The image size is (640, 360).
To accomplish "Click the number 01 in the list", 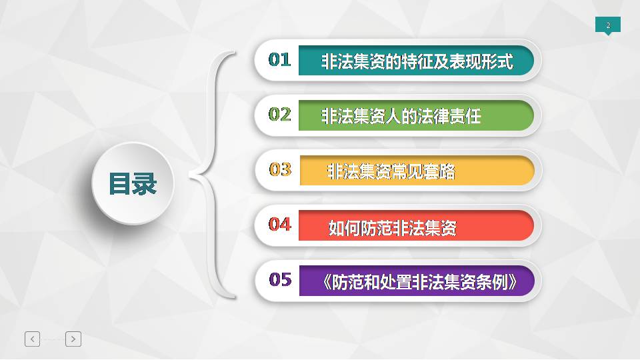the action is coord(279,60).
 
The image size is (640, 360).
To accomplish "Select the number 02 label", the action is coord(279,115).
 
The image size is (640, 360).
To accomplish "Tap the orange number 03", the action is coord(281,170).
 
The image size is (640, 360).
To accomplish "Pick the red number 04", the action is coord(279,225).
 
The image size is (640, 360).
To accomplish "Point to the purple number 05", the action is coord(281,280).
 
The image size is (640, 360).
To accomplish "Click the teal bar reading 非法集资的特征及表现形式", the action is coord(416,61).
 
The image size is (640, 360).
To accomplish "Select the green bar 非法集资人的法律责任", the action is coord(416,115).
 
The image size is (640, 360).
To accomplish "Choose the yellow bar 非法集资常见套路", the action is coord(417,171).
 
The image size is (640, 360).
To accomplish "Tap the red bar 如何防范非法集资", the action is coord(416,226).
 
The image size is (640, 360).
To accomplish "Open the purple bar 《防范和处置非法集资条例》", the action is coord(417,281).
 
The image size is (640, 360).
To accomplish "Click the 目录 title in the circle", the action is coord(133,184).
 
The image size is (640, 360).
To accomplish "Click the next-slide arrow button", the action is coord(73,339).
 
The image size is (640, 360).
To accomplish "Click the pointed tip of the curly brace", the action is coord(190,176).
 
